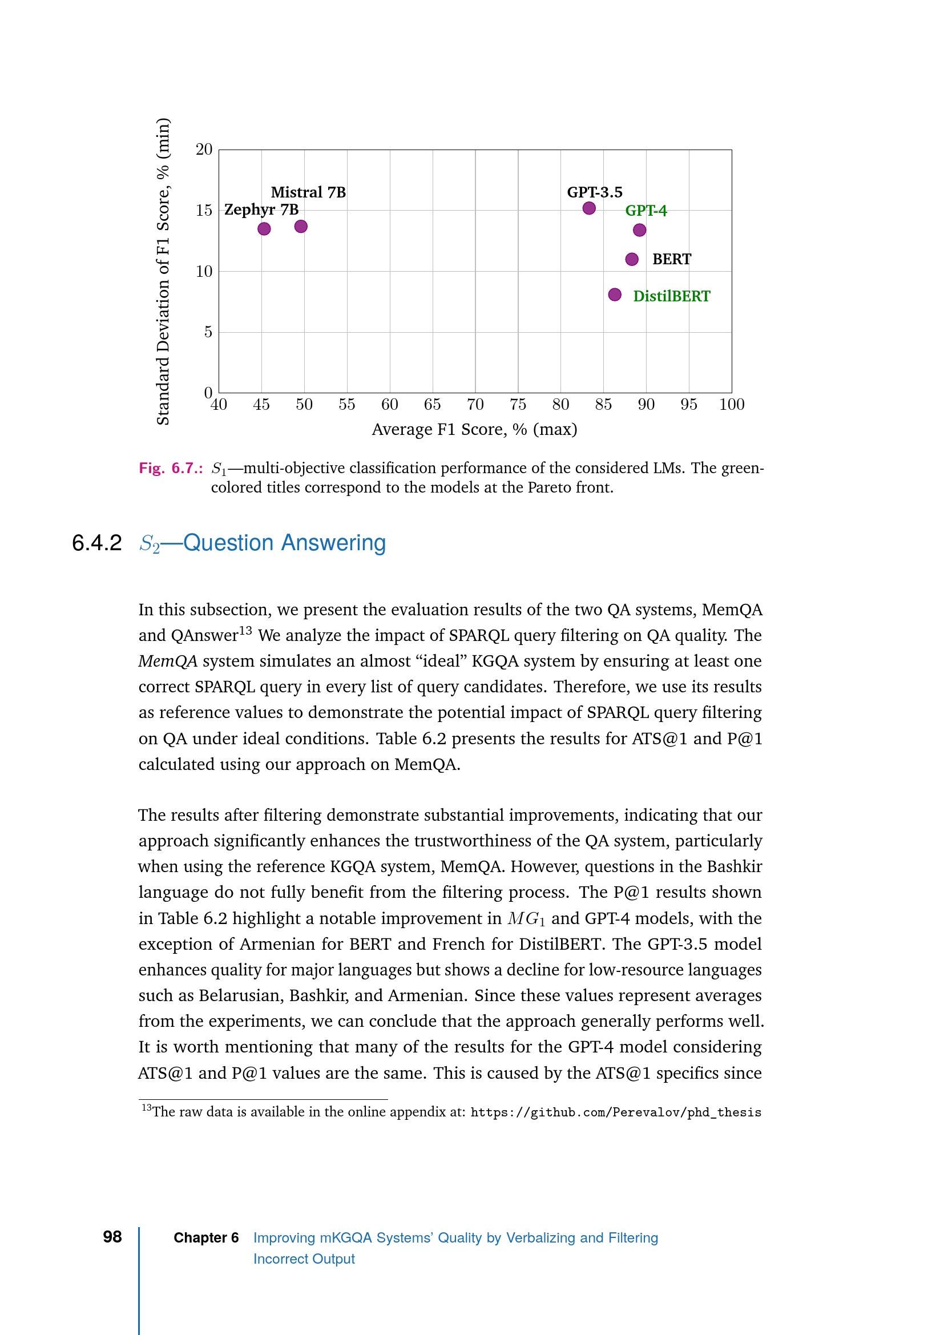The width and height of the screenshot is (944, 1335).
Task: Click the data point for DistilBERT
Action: [615, 295]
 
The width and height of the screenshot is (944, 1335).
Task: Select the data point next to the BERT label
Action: [632, 259]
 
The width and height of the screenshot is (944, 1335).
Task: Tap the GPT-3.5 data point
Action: [589, 208]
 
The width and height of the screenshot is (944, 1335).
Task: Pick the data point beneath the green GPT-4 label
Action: [639, 230]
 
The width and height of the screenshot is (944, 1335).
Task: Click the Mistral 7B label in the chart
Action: [308, 192]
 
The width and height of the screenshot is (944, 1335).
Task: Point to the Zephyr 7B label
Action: [261, 209]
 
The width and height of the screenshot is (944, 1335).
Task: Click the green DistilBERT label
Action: [671, 297]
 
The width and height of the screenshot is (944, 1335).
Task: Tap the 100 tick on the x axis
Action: [731, 405]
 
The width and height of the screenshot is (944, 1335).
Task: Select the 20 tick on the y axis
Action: [204, 150]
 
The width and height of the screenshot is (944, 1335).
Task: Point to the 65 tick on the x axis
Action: [432, 405]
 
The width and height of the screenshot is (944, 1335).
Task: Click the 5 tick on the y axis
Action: [208, 332]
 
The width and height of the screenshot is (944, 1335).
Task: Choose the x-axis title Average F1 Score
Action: [474, 430]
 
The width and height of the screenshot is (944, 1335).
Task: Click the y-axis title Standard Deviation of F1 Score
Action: [163, 271]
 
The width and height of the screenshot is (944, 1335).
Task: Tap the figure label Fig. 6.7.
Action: [170, 468]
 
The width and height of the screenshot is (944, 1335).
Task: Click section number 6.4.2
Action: [96, 543]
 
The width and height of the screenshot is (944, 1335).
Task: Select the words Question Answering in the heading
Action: [284, 543]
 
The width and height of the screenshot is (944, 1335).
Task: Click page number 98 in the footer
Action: [112, 1237]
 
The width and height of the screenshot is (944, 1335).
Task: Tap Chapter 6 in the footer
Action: [206, 1238]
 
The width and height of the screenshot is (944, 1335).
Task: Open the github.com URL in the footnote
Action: [616, 1112]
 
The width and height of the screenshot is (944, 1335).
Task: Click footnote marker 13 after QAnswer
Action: [245, 630]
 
